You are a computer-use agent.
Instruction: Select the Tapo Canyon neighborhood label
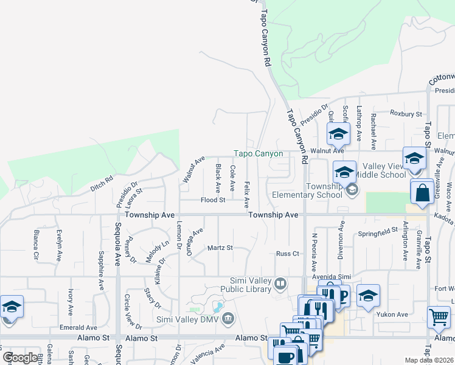(x=259, y=154)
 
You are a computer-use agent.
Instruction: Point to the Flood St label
(x=214, y=200)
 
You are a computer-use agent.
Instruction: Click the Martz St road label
(x=220, y=248)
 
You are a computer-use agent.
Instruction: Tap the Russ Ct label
(x=288, y=254)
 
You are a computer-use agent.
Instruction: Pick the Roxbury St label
(x=406, y=114)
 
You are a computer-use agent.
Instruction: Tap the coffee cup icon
(x=285, y=355)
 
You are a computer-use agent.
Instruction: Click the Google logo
(x=19, y=358)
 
